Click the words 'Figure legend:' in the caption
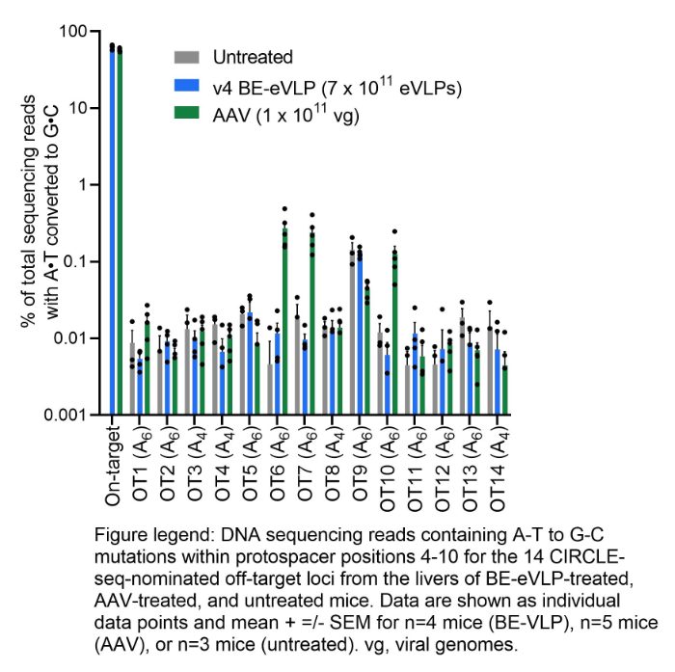[149, 534]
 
